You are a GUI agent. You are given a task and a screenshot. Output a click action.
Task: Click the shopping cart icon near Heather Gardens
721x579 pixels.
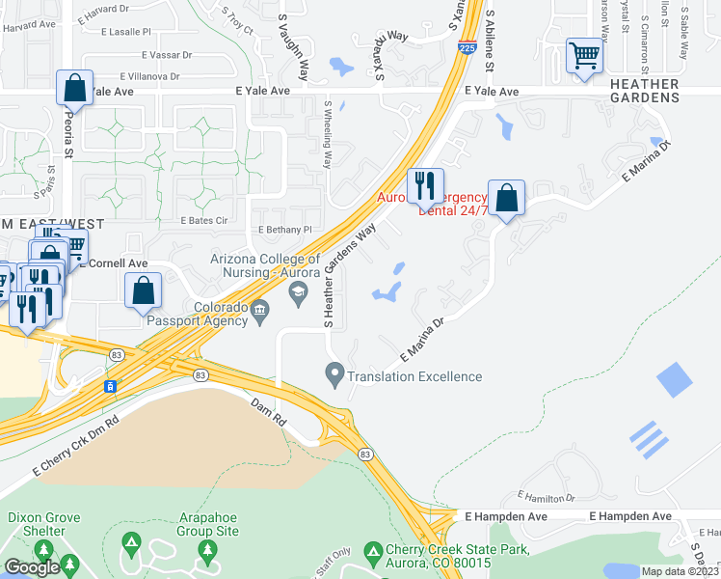tap(584, 55)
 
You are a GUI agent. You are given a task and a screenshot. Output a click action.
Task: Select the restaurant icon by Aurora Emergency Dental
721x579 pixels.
tap(425, 184)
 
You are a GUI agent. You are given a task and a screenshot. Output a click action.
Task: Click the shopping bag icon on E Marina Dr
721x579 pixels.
tap(506, 198)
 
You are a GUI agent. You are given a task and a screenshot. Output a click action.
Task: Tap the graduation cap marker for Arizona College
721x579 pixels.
tap(299, 290)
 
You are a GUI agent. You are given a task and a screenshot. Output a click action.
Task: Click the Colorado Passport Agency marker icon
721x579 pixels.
tap(260, 310)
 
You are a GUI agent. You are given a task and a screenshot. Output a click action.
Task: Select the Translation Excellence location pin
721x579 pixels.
tap(334, 372)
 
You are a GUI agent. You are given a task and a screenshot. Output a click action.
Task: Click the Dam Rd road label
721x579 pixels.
tap(270, 405)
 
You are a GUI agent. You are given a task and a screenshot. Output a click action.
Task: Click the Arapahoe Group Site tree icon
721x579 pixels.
tap(206, 550)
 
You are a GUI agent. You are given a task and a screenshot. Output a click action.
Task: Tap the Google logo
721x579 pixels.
tap(32, 567)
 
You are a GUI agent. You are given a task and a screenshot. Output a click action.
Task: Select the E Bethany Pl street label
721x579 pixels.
tap(286, 230)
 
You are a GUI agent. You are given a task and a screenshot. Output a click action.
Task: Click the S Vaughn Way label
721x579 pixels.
tap(294, 45)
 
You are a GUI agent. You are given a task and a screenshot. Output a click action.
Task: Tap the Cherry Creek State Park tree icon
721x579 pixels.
tap(373, 552)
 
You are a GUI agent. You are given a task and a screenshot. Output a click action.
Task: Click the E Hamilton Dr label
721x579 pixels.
tap(546, 498)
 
